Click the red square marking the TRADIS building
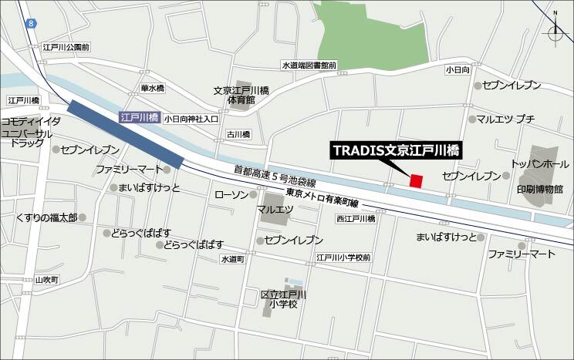click(416, 181)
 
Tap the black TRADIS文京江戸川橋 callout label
click(397, 150)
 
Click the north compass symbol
click(555, 31)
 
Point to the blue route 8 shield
click(31, 25)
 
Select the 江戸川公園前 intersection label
click(66, 48)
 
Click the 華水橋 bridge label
click(152, 89)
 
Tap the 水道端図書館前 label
click(309, 66)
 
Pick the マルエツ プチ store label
click(505, 119)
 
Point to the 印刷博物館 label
click(540, 189)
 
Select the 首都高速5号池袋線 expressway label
click(276, 175)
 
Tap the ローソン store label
click(231, 194)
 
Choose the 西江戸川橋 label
click(355, 219)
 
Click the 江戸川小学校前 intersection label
click(343, 257)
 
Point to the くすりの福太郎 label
click(46, 218)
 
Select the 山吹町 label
click(47, 279)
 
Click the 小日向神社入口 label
click(191, 119)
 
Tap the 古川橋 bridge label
click(238, 134)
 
